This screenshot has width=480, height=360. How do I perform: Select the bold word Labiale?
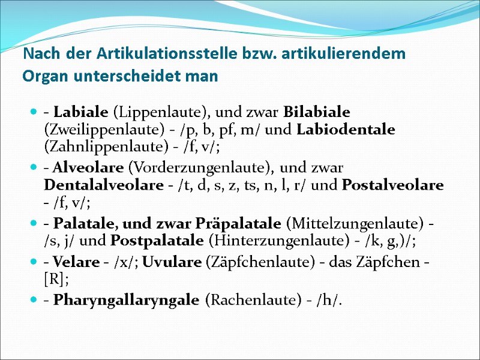point(81,112)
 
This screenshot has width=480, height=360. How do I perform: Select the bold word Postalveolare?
point(392,185)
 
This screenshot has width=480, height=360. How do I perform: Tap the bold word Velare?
point(73,264)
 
